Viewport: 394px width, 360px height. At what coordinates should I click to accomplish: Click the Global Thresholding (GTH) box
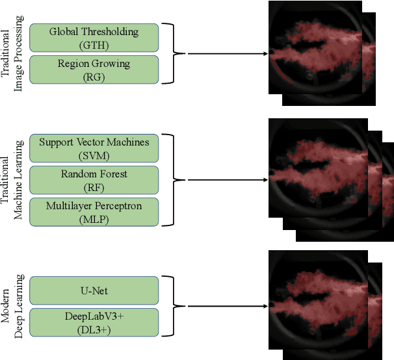[x=94, y=37]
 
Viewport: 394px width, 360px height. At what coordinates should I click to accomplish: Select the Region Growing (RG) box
[x=94, y=69]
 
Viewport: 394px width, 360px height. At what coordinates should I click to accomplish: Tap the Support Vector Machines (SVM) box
[x=94, y=148]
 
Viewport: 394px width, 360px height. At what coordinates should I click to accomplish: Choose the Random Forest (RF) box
[x=94, y=180]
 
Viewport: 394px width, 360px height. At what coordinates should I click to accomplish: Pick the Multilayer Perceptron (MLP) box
[x=94, y=212]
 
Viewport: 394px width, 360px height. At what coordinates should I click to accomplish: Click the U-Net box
[x=94, y=290]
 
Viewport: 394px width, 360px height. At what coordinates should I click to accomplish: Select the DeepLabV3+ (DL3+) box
[x=94, y=322]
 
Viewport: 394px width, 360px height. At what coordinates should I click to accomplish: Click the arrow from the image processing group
[x=224, y=54]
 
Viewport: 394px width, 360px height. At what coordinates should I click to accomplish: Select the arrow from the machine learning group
[x=224, y=180]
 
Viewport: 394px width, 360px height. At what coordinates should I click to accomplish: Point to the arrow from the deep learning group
[x=224, y=306]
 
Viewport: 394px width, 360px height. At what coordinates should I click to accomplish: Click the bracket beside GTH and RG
[x=170, y=54]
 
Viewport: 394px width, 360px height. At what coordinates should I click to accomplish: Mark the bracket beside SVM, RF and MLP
[x=170, y=180]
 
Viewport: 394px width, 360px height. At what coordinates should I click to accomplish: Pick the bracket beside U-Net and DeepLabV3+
[x=170, y=306]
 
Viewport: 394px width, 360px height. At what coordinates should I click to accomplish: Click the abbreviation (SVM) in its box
[x=94, y=155]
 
